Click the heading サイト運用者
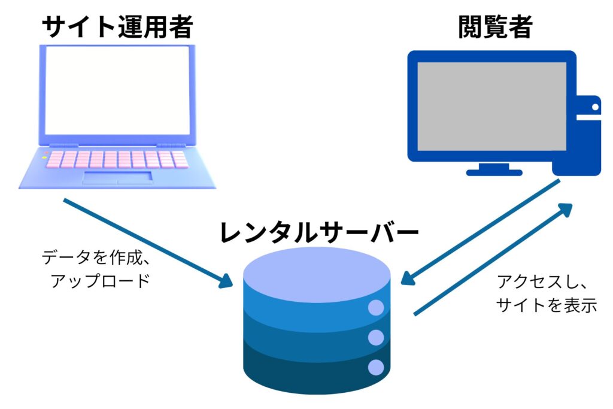(118, 26)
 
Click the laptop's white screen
(118, 90)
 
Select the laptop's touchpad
(117, 177)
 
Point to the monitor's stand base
(494, 172)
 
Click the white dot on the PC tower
(595, 107)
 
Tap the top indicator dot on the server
(375, 308)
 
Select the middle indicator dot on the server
(375, 338)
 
